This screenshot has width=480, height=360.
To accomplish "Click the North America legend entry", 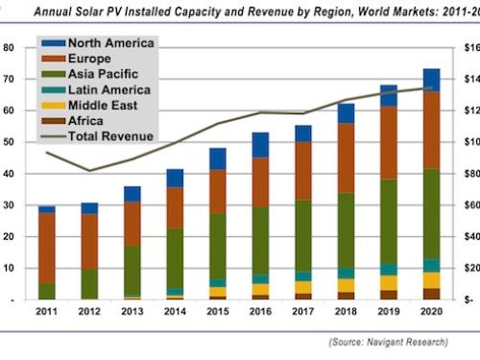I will pyautogui.click(x=96, y=44).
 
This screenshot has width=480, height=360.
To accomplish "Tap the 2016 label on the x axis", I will pyautogui.click(x=260, y=312).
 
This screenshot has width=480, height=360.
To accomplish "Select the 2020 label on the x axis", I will pyautogui.click(x=431, y=312).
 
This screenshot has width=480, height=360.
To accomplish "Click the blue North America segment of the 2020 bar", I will pyautogui.click(x=431, y=80).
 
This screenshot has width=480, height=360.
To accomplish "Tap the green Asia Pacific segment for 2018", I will pyautogui.click(x=346, y=230).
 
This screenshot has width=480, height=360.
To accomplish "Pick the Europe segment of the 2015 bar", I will pyautogui.click(x=218, y=191).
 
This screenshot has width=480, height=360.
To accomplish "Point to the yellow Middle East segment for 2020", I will pyautogui.click(x=431, y=280).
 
